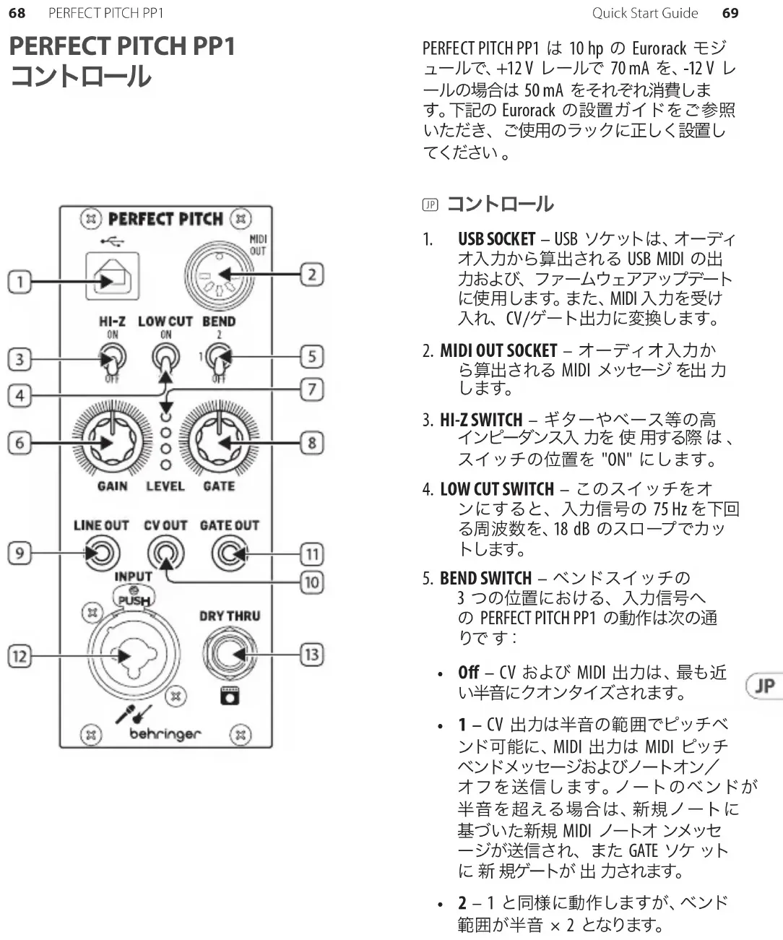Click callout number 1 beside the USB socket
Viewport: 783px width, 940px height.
pos(20,281)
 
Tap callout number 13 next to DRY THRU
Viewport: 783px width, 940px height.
pos(311,655)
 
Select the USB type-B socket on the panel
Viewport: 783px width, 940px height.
pos(112,275)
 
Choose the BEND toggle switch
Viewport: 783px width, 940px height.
pos(217,356)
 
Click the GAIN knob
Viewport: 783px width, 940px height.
pos(112,441)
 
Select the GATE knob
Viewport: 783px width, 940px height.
pos(218,441)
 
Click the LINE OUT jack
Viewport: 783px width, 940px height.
pos(100,554)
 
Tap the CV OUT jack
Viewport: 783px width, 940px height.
pos(165,554)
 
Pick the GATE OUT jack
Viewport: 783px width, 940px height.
pos(230,554)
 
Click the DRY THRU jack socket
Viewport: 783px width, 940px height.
pos(229,655)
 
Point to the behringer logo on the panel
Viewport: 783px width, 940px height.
pos(165,734)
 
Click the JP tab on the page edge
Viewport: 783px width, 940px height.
pos(764,686)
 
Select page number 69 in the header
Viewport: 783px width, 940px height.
pos(730,13)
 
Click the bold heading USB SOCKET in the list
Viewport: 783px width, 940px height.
pos(496,239)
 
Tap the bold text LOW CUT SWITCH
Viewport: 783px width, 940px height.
pos(497,489)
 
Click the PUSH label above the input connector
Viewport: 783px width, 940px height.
pos(134,600)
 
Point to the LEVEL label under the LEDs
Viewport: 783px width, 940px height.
pos(165,486)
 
